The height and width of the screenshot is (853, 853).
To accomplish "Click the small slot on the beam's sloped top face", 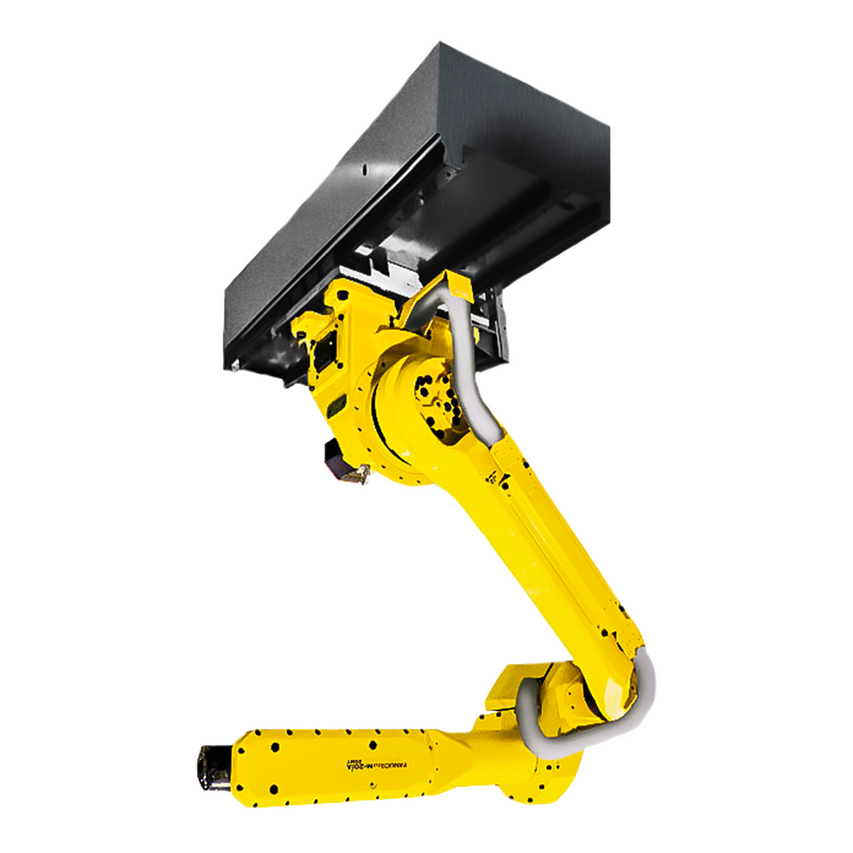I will pyautogui.click(x=363, y=171).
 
